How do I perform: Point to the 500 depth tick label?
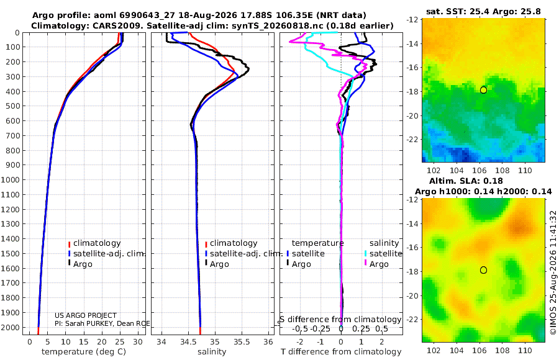(12, 106)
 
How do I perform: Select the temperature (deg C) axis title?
(84, 352)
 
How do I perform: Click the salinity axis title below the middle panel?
(212, 352)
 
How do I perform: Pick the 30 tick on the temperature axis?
(138, 342)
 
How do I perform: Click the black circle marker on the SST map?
(483, 90)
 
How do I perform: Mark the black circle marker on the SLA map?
(483, 270)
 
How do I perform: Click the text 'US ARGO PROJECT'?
(86, 315)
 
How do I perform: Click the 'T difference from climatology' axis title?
(341, 352)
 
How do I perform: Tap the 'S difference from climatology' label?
(340, 320)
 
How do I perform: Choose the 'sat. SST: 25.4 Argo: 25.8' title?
(483, 11)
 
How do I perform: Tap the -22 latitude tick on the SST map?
(412, 140)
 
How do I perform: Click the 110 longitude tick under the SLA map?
(525, 350)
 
